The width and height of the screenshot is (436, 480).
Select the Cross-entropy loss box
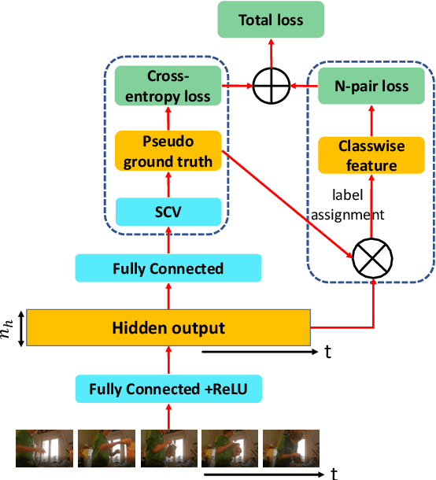click(168, 86)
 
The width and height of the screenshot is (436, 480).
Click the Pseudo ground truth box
click(168, 152)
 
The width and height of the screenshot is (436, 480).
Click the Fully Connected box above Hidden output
click(168, 268)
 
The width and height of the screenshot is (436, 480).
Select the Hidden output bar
click(168, 328)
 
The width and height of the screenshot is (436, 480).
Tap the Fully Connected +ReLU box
click(168, 389)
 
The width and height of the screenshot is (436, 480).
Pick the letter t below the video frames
click(334, 473)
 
